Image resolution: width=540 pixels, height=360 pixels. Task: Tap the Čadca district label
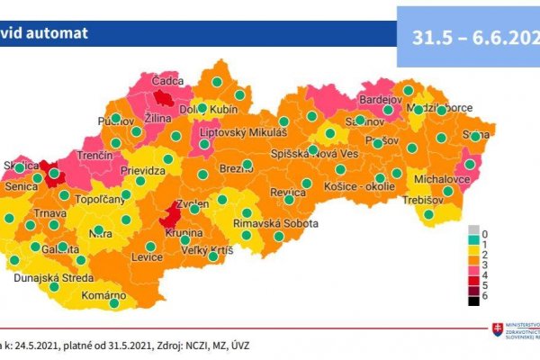(169, 80)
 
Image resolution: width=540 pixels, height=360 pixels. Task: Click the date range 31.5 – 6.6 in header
(468, 40)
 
